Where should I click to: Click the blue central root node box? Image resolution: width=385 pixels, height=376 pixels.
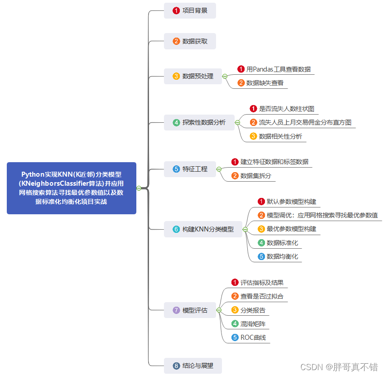[x=72, y=188]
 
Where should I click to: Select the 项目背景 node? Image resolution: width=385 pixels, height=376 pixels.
[x=190, y=10]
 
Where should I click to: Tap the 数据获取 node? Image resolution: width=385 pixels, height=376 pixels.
[x=190, y=41]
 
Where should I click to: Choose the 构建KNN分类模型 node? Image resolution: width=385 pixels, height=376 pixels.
[x=203, y=229]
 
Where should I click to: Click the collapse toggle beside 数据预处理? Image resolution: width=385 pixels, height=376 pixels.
[x=225, y=76]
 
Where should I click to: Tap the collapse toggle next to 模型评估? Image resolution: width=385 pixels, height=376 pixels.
[x=219, y=310]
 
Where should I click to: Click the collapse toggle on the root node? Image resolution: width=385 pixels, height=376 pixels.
[x=139, y=188]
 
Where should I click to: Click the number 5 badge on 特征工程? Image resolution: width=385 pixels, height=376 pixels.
[x=176, y=169]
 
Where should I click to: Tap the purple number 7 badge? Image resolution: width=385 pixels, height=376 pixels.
[x=176, y=310]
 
